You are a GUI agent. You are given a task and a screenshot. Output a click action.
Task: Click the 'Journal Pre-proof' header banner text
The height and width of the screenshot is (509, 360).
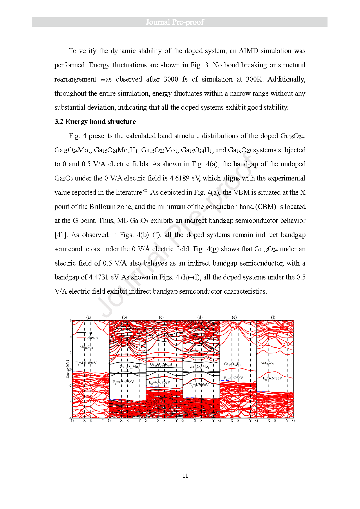coord(175,22)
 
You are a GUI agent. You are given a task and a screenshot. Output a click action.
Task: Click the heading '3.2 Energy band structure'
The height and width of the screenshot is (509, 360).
coord(95,122)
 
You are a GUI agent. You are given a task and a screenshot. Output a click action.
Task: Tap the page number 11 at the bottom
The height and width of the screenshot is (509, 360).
coord(185,476)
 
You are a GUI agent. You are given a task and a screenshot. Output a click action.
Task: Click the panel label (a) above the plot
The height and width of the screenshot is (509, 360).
coord(89,317)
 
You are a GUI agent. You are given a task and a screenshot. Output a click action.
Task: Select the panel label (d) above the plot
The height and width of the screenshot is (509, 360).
coord(200,317)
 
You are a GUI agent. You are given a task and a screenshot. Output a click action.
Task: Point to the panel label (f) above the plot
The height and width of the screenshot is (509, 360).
coord(273,317)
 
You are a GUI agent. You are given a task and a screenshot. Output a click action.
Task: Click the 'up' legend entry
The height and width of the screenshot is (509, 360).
coord(90,333)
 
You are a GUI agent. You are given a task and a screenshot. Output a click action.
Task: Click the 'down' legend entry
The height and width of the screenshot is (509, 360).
coord(93,338)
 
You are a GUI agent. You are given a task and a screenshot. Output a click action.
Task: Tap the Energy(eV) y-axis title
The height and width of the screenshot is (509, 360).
coord(68,369)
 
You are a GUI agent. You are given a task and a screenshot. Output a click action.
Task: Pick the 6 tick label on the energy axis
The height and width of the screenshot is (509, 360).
coord(70,320)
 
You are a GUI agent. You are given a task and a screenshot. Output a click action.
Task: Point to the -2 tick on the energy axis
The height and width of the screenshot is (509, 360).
coord(70,385)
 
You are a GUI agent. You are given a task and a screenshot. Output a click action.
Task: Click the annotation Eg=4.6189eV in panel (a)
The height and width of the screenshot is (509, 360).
coord(86,363)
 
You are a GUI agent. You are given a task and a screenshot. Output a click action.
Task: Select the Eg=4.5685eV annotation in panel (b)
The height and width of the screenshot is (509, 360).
coord(123,382)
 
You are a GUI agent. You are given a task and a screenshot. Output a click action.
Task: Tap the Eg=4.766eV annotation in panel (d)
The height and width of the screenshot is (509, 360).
coord(199,385)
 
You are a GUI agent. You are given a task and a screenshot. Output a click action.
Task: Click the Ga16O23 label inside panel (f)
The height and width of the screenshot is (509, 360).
coord(268,362)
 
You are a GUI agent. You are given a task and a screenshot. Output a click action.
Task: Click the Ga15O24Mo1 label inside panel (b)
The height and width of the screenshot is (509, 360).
coord(129,367)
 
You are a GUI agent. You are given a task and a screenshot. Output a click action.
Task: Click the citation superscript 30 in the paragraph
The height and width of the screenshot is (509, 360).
coord(145,190)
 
